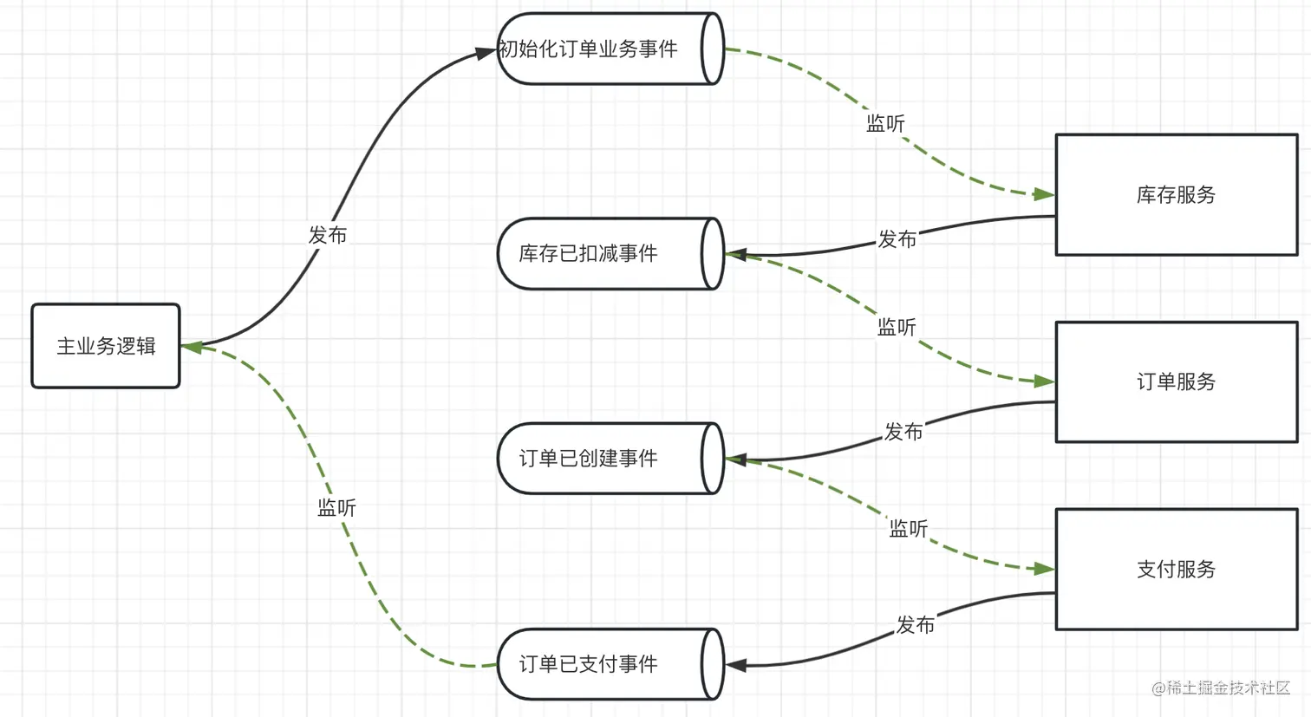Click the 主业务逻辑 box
[106, 346]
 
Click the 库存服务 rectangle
[1176, 195]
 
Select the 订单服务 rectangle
[1176, 381]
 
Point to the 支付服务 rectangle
[1176, 569]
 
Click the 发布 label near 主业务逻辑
[328, 235]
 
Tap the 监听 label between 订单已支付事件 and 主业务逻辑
[336, 508]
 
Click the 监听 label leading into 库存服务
[885, 124]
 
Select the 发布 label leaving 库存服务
[897, 239]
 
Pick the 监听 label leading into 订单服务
[897, 328]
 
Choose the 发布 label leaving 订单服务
[903, 432]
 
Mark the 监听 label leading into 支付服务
[908, 529]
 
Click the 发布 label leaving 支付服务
[915, 625]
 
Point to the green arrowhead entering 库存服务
[1044, 194]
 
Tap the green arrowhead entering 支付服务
[1044, 569]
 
